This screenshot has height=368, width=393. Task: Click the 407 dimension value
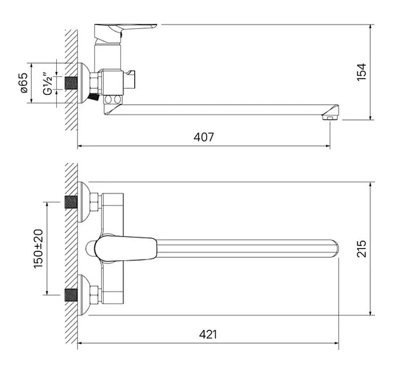204,137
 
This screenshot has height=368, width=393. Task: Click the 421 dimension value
208,334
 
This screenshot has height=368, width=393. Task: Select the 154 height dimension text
361,72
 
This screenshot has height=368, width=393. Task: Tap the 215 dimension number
361,249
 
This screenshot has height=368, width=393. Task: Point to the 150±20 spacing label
38,249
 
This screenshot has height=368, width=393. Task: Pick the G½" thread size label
47,84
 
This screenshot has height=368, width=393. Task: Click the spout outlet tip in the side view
330,117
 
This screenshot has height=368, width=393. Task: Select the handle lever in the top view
126,249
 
